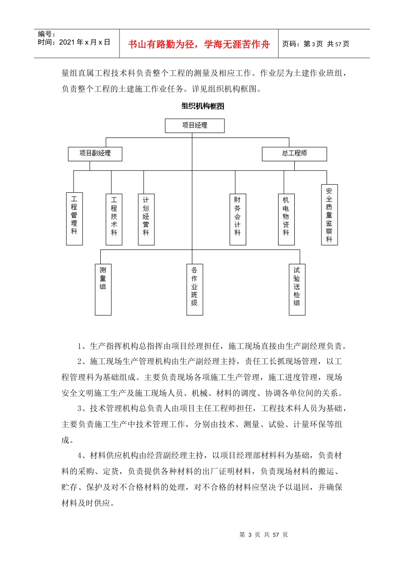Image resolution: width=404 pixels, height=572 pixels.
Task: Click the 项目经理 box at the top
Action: pyautogui.click(x=195, y=126)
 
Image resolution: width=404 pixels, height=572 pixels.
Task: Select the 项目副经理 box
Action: pyautogui.click(x=95, y=154)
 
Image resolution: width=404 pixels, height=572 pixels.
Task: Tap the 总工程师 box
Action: pyautogui.click(x=294, y=154)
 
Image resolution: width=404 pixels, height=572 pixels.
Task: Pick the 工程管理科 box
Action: pyautogui.click(x=74, y=219)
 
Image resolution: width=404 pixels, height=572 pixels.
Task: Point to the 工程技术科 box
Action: pyautogui.click(x=114, y=219)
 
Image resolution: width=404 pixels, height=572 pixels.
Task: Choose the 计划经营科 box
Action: pyautogui.click(x=146, y=219)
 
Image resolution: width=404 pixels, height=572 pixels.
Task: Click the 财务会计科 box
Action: pyautogui.click(x=238, y=219)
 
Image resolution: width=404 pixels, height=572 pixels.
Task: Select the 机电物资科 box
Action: pyautogui.click(x=286, y=219)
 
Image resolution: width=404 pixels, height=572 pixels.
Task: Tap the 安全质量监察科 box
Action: pyautogui.click(x=329, y=215)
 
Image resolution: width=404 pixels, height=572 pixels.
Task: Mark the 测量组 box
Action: pyautogui.click(x=103, y=289)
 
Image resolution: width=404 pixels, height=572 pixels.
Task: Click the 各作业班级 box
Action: pyautogui.click(x=195, y=289)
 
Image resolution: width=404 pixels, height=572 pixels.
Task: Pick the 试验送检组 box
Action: pyautogui.click(x=297, y=289)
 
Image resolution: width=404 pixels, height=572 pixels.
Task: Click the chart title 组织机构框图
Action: pyautogui.click(x=202, y=106)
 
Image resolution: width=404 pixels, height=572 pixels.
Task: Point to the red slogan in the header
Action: pyautogui.click(x=199, y=44)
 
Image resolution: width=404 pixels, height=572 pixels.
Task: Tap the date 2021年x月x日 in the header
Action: pyautogui.click(x=84, y=43)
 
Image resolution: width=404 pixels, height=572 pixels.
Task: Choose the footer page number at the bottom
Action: pyautogui.click(x=264, y=535)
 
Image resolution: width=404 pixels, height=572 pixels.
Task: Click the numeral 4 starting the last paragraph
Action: pyautogui.click(x=80, y=456)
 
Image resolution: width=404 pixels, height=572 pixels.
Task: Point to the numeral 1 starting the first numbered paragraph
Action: pyautogui.click(x=80, y=346)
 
